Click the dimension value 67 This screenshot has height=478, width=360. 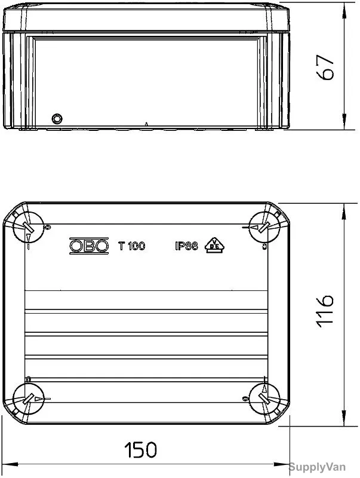tap(325, 68)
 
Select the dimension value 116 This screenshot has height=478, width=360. tap(325, 311)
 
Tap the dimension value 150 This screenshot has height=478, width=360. tap(141, 449)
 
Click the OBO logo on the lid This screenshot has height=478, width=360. tap(89, 246)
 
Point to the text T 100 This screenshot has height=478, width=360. tap(131, 246)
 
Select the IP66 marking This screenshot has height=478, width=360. tap(186, 246)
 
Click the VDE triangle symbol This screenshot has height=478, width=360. tap(214, 246)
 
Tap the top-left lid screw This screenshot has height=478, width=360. tap(28, 227)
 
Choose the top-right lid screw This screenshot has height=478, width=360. tap(264, 227)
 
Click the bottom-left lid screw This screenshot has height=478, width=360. tap(28, 399)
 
